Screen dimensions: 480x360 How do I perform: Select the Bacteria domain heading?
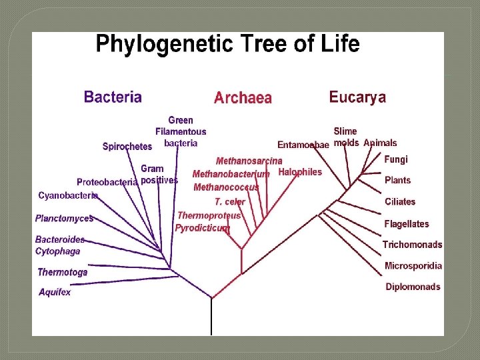pos(113,97)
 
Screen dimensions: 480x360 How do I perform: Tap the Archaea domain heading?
pos(243,98)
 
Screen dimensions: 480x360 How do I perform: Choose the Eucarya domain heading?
pos(357,97)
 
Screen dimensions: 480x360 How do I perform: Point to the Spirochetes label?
pos(127,147)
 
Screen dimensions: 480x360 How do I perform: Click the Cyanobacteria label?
pos(68,195)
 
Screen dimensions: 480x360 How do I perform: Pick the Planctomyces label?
pos(64,218)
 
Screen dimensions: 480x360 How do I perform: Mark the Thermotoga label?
pos(62,272)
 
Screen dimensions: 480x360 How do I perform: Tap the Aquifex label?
pos(55,292)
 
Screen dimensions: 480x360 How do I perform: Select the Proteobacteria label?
pos(107,182)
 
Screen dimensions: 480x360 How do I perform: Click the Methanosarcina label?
pos(249,161)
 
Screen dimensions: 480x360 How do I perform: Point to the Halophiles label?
pos(300,172)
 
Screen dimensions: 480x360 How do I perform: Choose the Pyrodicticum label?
pos(202,228)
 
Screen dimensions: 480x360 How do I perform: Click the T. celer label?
pos(230,201)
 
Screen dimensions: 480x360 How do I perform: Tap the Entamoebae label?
pos(303,145)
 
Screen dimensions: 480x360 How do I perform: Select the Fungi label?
pos(396,159)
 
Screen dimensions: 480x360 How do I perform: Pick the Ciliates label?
pos(400,201)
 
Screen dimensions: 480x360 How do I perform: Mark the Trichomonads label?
pos(412,245)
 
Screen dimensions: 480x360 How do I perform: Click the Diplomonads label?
pos(413,287)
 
